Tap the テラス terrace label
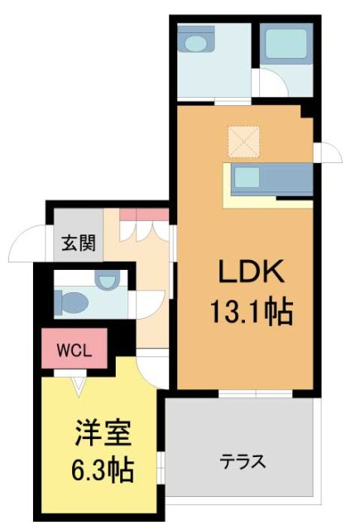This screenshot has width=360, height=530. click(242, 460)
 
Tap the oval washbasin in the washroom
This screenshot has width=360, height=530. click(197, 41)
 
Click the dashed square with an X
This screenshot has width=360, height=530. click(244, 141)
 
